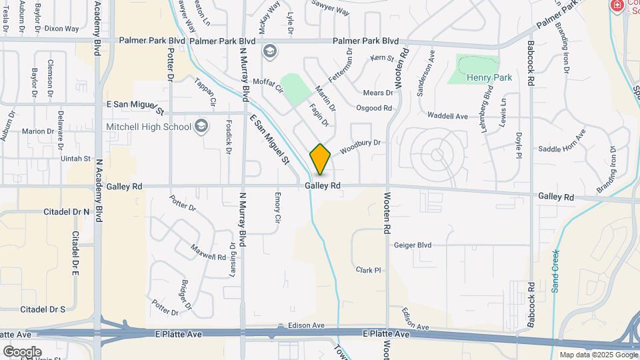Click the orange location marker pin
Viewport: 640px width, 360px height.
[320, 159]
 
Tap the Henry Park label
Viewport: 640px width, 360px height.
[489, 78]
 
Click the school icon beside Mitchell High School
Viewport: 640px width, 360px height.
[201, 127]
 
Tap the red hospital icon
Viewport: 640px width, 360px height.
[617, 5]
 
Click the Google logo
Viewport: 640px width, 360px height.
[22, 352]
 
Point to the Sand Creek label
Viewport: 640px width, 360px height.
[555, 271]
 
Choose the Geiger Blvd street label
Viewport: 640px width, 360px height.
[412, 245]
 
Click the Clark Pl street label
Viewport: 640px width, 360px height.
[368, 270]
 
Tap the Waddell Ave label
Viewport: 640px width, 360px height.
[447, 116]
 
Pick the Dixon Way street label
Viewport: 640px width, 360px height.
[61, 29]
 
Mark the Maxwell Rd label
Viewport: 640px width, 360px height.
[209, 252]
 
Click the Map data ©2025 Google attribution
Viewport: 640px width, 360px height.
[598, 355]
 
